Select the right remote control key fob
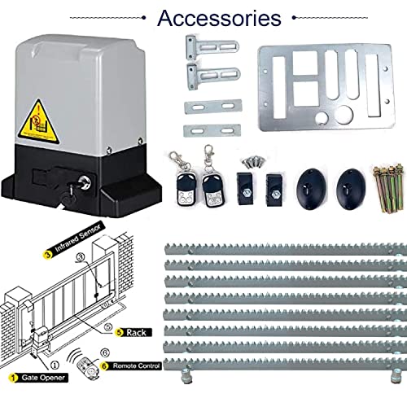tap(215, 187)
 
